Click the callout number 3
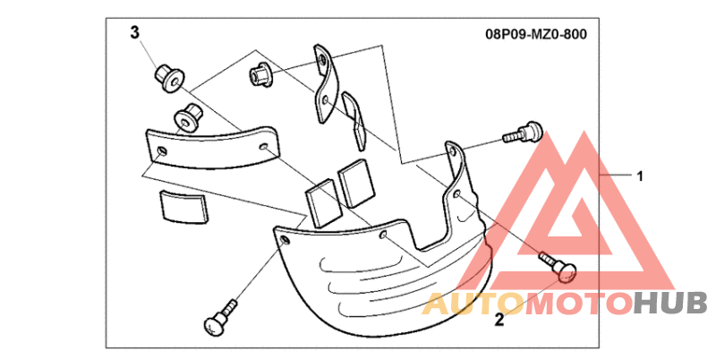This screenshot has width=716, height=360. pos(135,33)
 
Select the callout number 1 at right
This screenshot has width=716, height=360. pos(639,176)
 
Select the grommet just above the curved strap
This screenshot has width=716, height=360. pos(186,116)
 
